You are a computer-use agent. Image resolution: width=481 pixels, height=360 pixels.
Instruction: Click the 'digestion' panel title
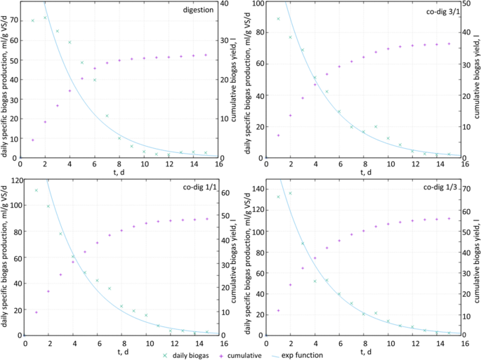click(199, 11)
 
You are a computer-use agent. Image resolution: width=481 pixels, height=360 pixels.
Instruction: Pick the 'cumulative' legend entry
click(243, 355)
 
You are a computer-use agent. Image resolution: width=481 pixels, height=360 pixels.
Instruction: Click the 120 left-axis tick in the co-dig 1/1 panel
click(13, 180)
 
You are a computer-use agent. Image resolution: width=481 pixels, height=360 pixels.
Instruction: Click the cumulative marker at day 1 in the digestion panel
click(32, 140)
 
